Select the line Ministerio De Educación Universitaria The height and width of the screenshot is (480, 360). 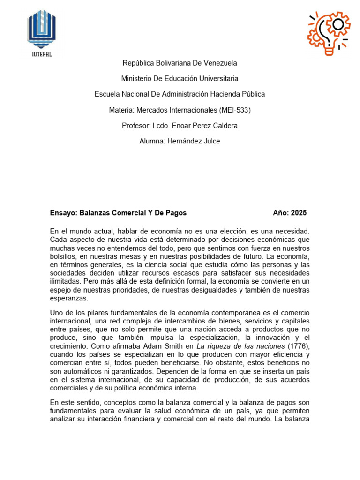(x=180, y=78)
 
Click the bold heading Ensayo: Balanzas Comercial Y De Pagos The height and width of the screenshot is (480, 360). (x=118, y=213)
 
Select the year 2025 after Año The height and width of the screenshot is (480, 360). (x=299, y=213)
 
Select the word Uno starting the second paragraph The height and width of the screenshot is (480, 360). (x=56, y=313)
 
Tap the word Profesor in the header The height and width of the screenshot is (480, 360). (x=135, y=126)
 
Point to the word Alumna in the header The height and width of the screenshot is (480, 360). (x=151, y=141)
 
